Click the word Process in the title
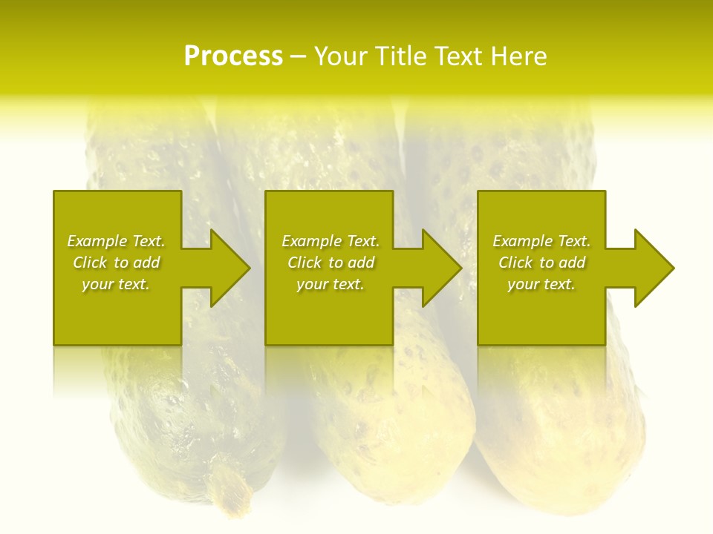233,56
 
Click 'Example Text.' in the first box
116,241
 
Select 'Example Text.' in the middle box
330,241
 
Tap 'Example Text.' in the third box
541,241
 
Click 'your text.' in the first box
116,284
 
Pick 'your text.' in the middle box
330,284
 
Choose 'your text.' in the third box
541,284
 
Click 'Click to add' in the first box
116,263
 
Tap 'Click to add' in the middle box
330,263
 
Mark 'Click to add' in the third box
541,263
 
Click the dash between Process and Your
299,57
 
